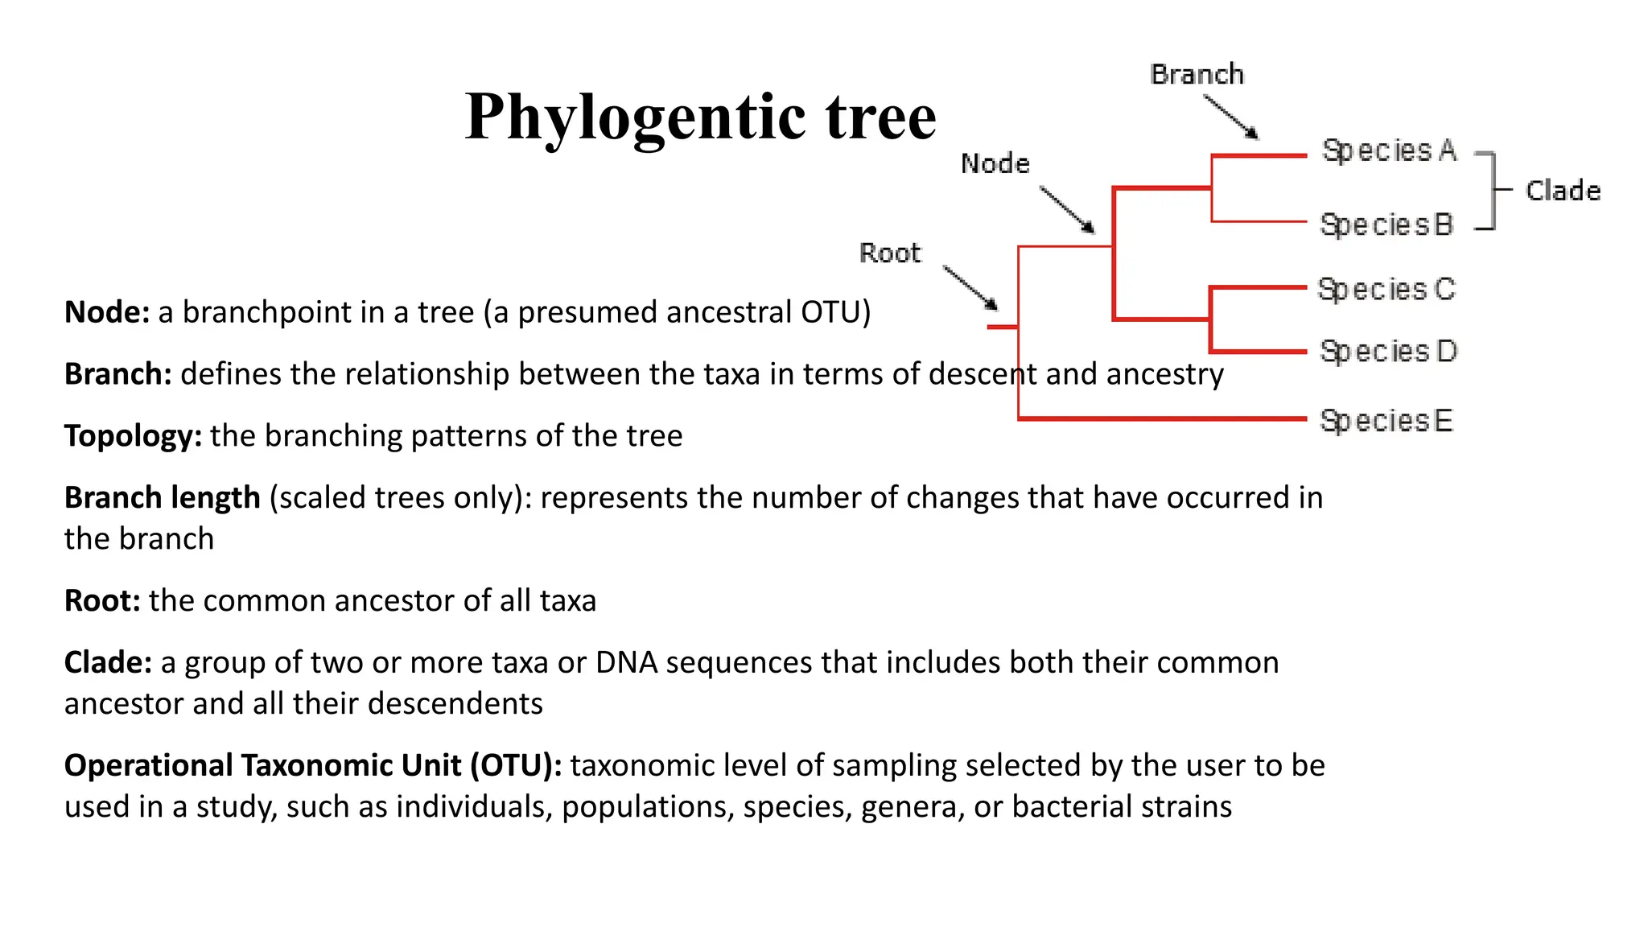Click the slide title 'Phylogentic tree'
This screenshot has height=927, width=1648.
pyautogui.click(x=700, y=117)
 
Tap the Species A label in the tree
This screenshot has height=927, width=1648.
pyautogui.click(x=1389, y=151)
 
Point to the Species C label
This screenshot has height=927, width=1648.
pyautogui.click(x=1386, y=290)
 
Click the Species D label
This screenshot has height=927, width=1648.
pyautogui.click(x=1388, y=352)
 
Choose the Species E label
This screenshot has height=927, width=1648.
pyautogui.click(x=1386, y=421)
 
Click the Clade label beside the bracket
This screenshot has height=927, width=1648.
pyautogui.click(x=1563, y=192)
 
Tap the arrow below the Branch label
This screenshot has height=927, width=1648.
pyautogui.click(x=1230, y=117)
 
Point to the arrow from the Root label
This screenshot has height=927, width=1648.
pyautogui.click(x=970, y=288)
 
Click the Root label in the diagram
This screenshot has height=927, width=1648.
pyautogui.click(x=889, y=253)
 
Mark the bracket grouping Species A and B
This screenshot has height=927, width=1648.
pyautogui.click(x=1491, y=191)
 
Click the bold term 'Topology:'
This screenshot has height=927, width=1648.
pyautogui.click(x=133, y=436)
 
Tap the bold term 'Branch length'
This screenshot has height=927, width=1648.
pyautogui.click(x=162, y=498)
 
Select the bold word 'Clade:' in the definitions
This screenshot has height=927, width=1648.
pyautogui.click(x=108, y=663)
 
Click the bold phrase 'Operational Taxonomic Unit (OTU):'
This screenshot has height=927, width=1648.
pyautogui.click(x=313, y=765)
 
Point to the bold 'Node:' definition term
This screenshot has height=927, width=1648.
pyautogui.click(x=107, y=312)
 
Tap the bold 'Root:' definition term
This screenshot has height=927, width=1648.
pyautogui.click(x=102, y=601)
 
